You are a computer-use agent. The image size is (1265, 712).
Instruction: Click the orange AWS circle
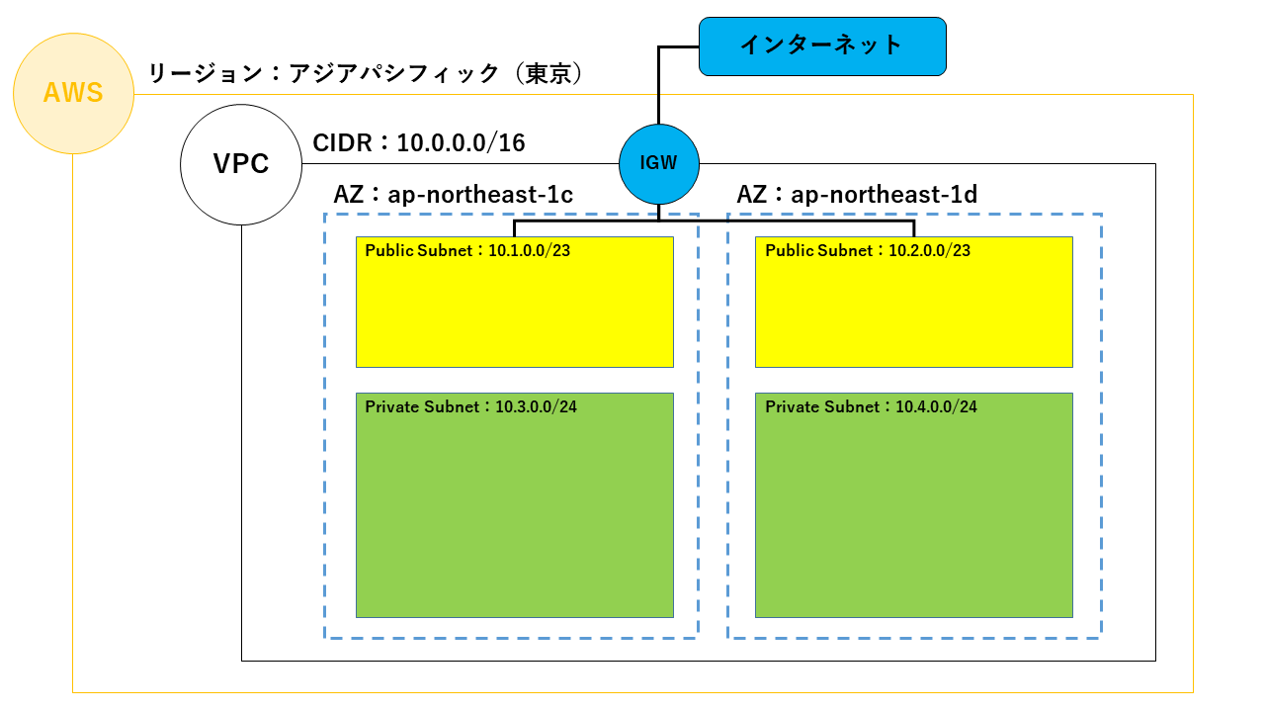click(73, 94)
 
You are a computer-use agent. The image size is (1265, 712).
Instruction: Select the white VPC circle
click(241, 164)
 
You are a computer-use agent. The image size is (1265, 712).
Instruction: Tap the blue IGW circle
click(659, 163)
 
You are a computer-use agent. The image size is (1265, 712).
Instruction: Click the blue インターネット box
click(822, 45)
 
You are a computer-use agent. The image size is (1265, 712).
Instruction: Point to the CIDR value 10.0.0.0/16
click(461, 143)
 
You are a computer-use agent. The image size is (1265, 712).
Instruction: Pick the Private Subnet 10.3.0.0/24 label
click(470, 406)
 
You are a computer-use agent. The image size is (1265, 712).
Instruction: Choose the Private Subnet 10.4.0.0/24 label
click(871, 406)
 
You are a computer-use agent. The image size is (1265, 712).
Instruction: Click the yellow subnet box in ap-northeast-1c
click(514, 311)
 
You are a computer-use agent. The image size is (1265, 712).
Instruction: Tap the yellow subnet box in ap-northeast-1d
click(914, 311)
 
